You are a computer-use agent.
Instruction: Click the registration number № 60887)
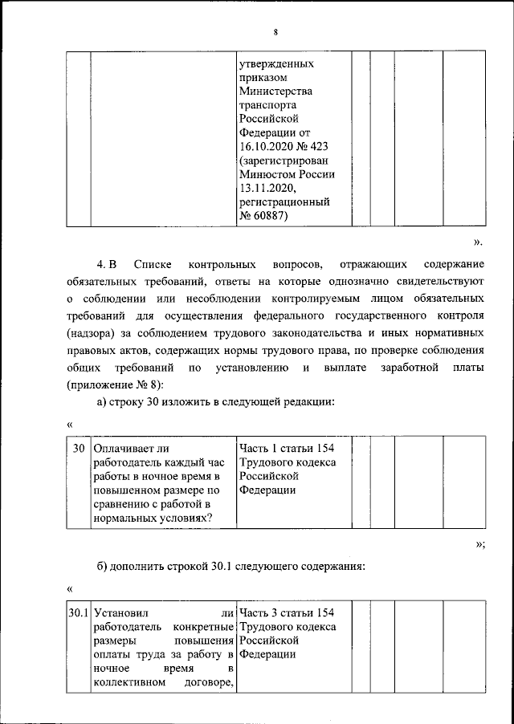tap(265, 216)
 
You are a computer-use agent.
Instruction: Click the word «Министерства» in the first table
tap(275, 91)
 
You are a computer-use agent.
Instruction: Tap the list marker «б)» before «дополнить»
tap(102, 567)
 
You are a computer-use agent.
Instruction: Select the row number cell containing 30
tap(79, 449)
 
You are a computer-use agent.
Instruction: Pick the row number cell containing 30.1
tap(79, 614)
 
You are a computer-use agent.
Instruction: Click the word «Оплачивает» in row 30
tap(125, 449)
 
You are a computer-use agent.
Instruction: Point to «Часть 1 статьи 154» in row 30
tap(286, 449)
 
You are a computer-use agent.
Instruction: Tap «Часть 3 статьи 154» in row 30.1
tap(286, 614)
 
